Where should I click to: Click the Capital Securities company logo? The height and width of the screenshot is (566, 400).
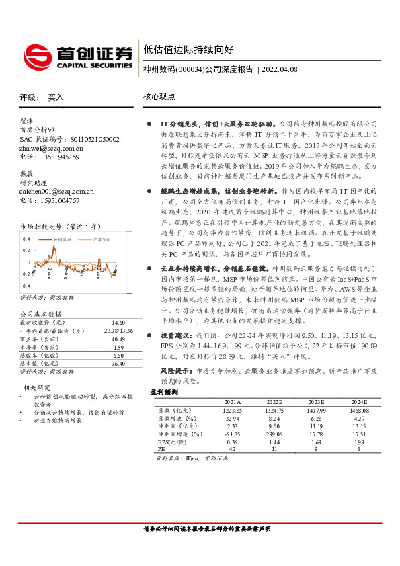point(78,55)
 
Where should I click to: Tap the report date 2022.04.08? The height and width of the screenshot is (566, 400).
point(280,69)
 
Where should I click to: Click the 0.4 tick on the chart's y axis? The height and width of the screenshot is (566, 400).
point(25,239)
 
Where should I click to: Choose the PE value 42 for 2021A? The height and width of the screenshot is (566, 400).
point(232,449)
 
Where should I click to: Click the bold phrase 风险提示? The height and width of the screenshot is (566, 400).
point(172,371)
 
